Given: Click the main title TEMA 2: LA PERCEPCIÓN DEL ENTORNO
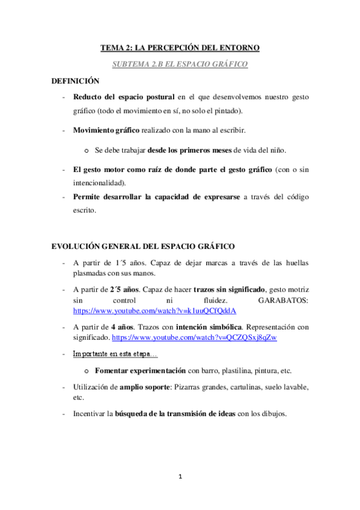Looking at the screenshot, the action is pos(180,48).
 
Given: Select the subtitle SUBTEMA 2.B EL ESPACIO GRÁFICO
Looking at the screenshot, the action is pos(180,63).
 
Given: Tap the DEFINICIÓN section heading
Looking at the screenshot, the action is pos(75,81).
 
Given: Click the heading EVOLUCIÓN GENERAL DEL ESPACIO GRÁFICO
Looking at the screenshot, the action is pos(143,246).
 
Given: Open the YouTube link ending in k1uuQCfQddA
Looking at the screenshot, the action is pos(154,311).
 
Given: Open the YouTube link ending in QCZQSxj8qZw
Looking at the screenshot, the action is pos(194,337).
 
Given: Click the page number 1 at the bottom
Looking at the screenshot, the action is pos(180,476).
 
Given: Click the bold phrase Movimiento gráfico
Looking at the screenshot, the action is pos(106,130).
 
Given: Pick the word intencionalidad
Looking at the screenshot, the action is pos(99,183).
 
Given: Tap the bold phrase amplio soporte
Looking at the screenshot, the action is pos(145,387).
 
